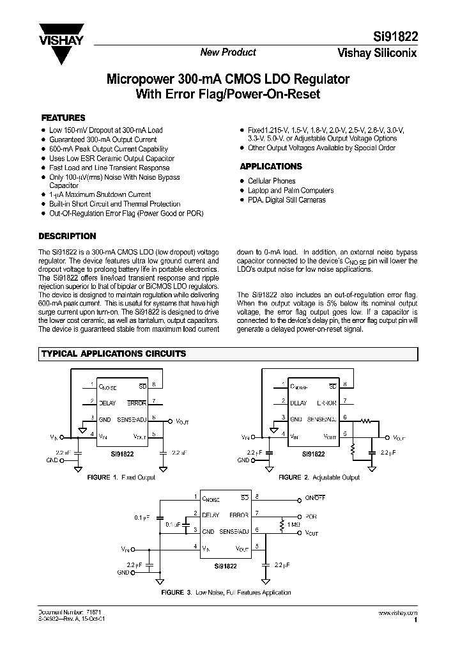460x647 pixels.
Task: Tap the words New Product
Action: (x=228, y=52)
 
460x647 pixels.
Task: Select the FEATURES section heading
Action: (x=63, y=118)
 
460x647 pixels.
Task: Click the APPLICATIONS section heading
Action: (x=271, y=166)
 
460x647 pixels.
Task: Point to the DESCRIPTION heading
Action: (x=68, y=236)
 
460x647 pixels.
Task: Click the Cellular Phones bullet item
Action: (x=272, y=181)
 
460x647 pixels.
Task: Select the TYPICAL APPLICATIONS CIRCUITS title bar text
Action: (x=114, y=354)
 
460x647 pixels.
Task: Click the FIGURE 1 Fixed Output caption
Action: (x=121, y=477)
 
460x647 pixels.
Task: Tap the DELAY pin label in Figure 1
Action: (x=107, y=403)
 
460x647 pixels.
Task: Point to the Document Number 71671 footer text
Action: (x=61, y=612)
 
